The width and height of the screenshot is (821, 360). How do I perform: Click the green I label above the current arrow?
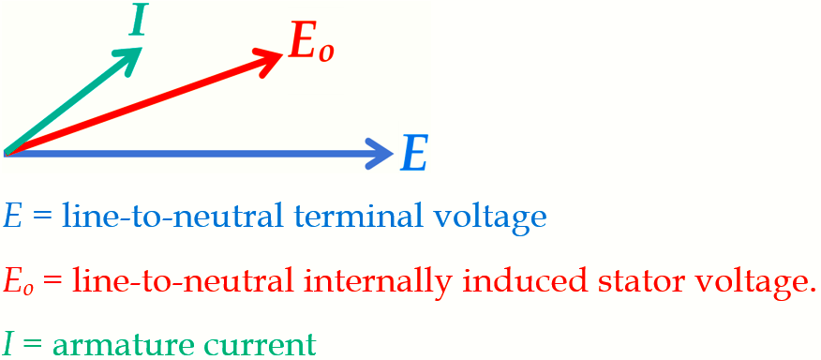(138, 21)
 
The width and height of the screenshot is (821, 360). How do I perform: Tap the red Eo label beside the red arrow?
(310, 43)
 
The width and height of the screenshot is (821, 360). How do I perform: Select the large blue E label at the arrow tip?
(414, 154)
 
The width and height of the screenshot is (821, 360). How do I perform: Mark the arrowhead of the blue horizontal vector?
(382, 153)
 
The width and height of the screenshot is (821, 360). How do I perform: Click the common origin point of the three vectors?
(7, 152)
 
